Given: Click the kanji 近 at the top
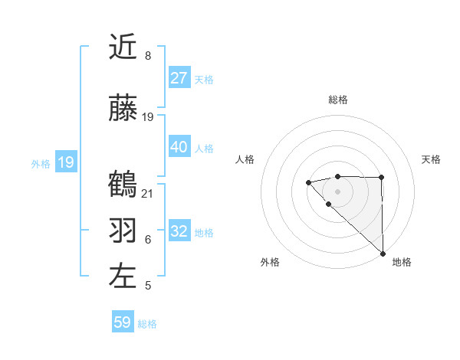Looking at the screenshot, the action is (x=123, y=47).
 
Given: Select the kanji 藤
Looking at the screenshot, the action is (x=123, y=109).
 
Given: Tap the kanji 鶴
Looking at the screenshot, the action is (x=123, y=185).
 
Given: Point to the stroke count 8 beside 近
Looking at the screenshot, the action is (x=147, y=56).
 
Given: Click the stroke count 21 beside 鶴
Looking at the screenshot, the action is (x=148, y=193).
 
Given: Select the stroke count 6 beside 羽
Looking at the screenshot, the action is (x=147, y=239).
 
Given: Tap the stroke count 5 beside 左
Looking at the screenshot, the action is (x=147, y=285).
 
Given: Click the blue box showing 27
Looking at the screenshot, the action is (x=179, y=78).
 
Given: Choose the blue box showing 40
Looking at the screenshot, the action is (x=179, y=147).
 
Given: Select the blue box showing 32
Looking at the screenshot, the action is (x=179, y=231).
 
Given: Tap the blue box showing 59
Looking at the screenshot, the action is (x=123, y=322).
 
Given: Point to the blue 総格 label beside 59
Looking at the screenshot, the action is (x=147, y=324).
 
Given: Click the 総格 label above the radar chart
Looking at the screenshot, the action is (x=338, y=100).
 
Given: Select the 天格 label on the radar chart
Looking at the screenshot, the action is (x=431, y=159).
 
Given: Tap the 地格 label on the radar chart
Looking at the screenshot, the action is (x=402, y=262).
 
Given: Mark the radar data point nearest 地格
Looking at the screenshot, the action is (x=382, y=253).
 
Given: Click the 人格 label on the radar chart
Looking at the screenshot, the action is (x=245, y=159).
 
